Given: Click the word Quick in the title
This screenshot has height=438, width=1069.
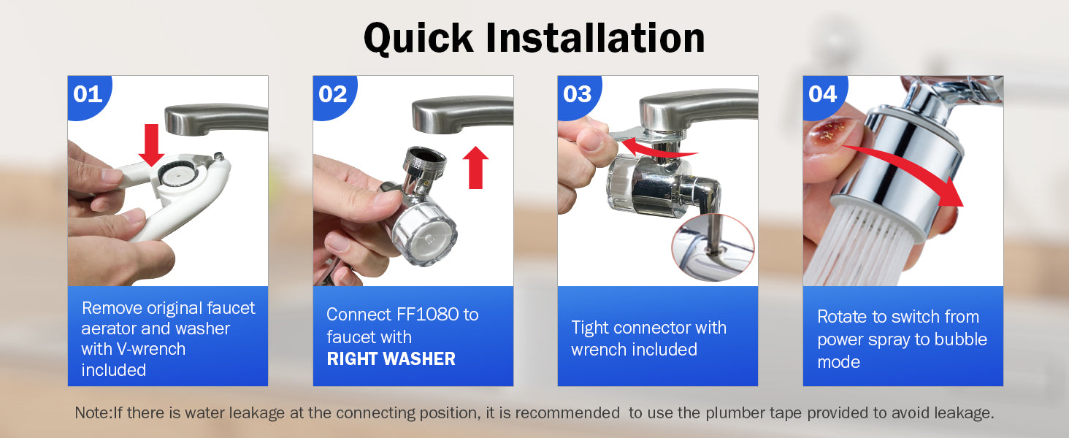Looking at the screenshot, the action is (x=418, y=39).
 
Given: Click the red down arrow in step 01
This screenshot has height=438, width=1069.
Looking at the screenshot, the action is (x=151, y=145).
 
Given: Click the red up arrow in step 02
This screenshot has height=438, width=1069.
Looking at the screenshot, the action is (x=476, y=167).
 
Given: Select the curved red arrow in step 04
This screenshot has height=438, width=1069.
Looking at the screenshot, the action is (x=907, y=167).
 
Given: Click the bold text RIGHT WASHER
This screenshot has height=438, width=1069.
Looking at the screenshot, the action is (x=391, y=359).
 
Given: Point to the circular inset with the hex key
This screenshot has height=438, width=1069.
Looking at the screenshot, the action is (x=713, y=247).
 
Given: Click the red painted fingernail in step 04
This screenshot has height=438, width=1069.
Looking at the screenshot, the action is (x=832, y=132).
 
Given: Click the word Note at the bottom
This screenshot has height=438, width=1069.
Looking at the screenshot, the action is (x=93, y=412).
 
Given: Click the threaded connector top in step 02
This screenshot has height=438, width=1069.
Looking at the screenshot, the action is (x=425, y=161).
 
